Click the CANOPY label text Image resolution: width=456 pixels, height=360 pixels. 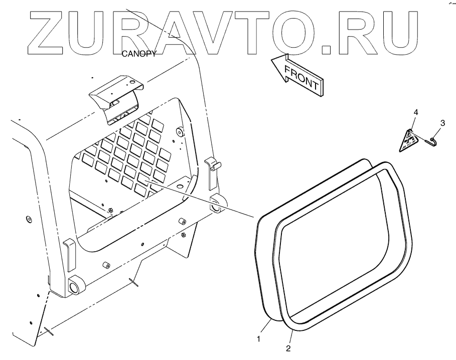click(x=138, y=54)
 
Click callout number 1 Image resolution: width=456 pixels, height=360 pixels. click(x=259, y=339)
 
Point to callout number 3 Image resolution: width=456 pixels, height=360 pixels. click(x=442, y=122)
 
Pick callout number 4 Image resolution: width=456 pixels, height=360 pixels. click(x=416, y=111)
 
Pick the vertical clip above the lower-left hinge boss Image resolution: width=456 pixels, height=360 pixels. click(x=69, y=254)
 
